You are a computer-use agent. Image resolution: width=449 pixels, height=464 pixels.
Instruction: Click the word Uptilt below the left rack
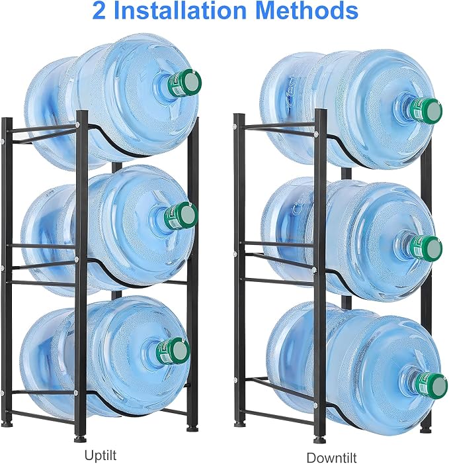[x=101, y=455]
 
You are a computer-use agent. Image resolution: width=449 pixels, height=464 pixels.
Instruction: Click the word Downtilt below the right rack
[x=331, y=457]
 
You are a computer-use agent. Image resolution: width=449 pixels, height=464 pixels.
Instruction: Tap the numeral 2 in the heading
[x=99, y=11]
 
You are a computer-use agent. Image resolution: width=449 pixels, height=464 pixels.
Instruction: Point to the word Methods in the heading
[x=307, y=11]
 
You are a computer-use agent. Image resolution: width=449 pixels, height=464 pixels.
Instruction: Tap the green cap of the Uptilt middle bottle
[x=181, y=216]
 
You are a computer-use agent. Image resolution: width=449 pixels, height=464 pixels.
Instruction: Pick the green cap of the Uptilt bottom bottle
[x=173, y=351]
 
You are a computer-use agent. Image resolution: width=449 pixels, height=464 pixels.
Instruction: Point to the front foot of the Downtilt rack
[x=320, y=440]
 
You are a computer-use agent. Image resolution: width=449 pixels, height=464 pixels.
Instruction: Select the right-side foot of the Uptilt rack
[x=192, y=428]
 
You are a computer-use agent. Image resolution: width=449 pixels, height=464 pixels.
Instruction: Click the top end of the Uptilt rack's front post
[x=82, y=112]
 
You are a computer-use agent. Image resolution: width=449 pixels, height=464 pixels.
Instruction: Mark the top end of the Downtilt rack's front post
[x=321, y=111]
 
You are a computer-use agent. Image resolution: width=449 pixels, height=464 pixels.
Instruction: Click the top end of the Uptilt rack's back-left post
[x=7, y=119]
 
